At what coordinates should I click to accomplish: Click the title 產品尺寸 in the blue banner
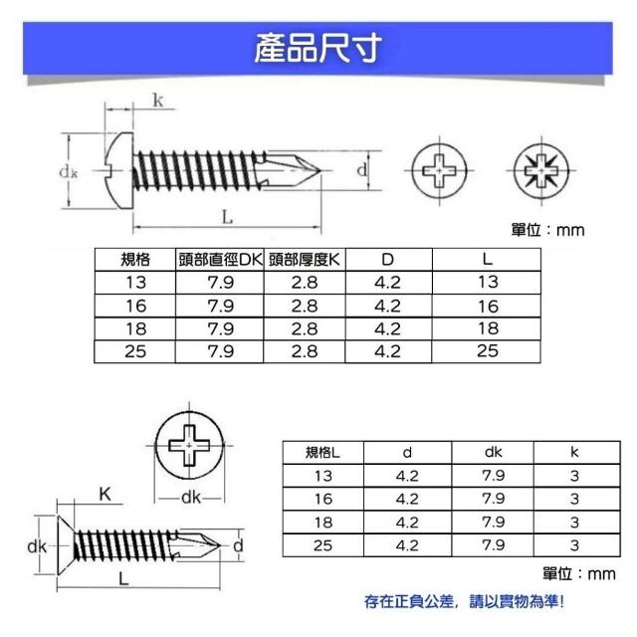pos(318,48)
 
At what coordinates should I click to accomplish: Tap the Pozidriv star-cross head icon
pos(541,170)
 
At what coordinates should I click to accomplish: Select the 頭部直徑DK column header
pos(220,260)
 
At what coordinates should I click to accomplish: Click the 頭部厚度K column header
pos(305,260)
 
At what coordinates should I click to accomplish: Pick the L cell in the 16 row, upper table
pos(488,306)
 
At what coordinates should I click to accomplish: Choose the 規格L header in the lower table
pos(322,452)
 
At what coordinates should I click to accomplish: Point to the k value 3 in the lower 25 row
pos(574,545)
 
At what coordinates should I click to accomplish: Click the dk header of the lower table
pos(494,452)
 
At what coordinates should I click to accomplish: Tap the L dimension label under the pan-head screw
pos(227,217)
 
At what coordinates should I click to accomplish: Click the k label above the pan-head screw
pos(158,100)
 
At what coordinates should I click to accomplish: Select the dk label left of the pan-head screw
pos(69,172)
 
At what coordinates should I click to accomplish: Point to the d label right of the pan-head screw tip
pos(361,169)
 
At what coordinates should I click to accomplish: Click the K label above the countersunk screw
pos(105,495)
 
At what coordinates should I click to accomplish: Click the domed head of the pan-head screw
pos(120,170)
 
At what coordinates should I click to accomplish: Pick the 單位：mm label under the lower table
pos(579,574)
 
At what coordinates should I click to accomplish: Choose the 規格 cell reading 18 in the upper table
pos(135,328)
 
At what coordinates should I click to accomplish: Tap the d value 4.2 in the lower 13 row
pos(407,476)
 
